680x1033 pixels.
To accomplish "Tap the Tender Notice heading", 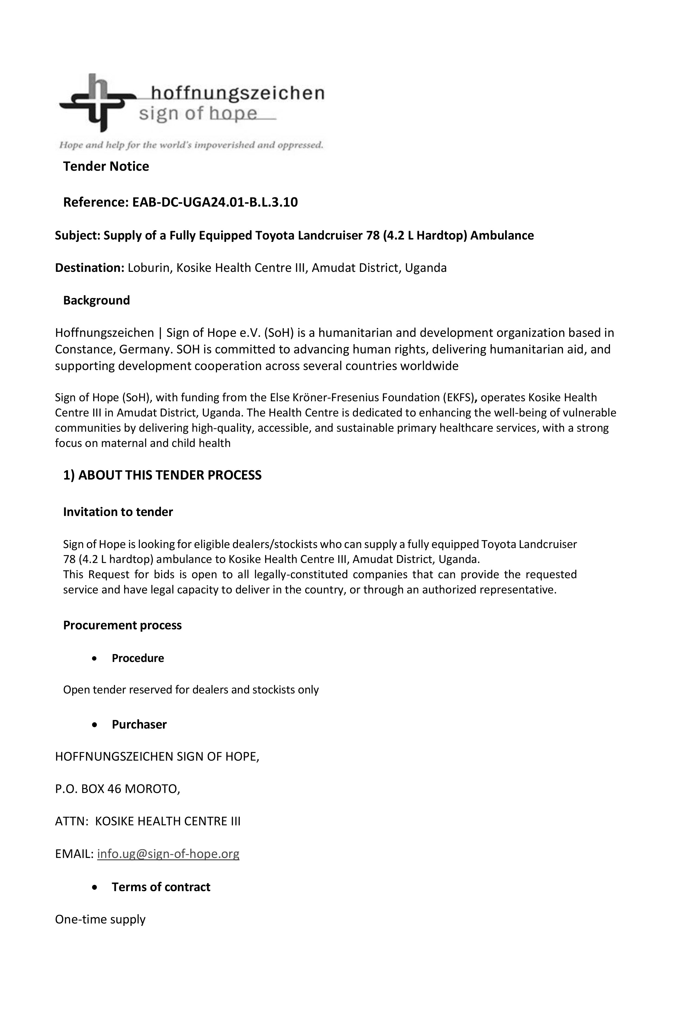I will click(106, 166).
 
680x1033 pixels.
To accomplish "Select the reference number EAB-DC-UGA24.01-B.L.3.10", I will click(215, 202).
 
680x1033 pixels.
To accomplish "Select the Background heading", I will click(96, 300).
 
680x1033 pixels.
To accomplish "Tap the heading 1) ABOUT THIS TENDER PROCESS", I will click(162, 475).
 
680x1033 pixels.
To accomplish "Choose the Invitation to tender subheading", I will click(118, 512).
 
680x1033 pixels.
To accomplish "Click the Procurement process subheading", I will click(122, 626).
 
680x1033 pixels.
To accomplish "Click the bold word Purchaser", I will click(139, 724).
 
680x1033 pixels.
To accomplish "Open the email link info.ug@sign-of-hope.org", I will click(168, 854).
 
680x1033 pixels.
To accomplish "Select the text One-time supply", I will click(100, 919).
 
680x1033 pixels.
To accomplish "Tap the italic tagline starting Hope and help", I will click(191, 145).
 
